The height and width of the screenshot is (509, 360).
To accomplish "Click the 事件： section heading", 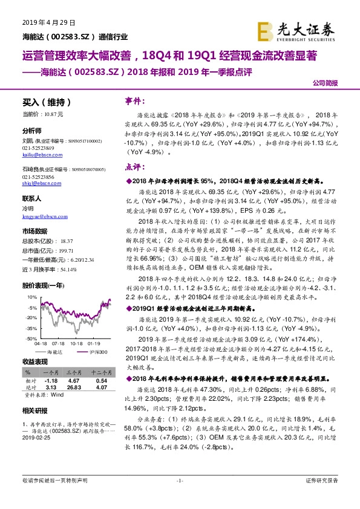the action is click(134, 100).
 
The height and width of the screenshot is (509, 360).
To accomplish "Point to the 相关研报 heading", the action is click(34, 412).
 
